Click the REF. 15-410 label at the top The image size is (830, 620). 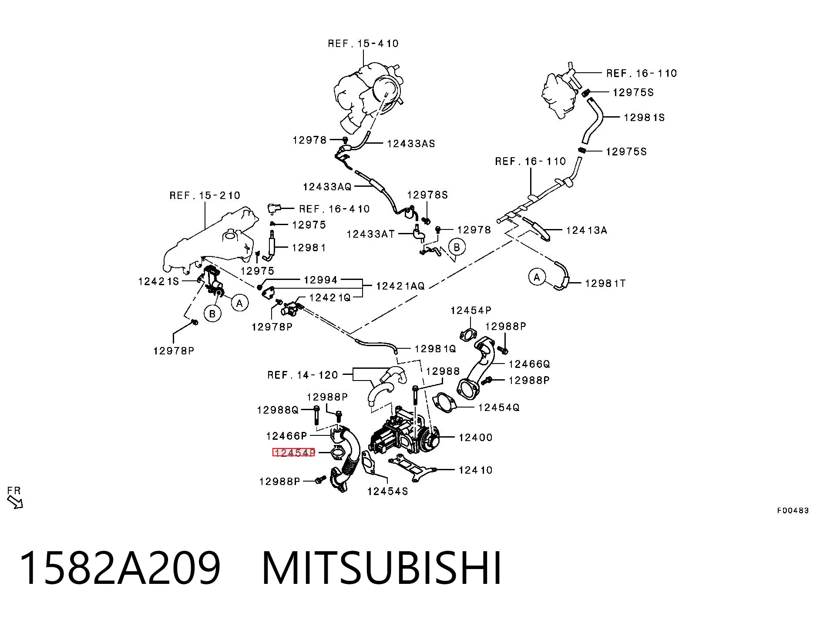(363, 44)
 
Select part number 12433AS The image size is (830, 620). (411, 144)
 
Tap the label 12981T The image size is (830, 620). (605, 283)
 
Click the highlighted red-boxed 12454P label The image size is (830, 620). (293, 453)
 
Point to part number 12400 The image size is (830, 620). (475, 437)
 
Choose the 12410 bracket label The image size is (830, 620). (475, 470)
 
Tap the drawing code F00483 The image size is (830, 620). (793, 510)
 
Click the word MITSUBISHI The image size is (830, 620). (382, 568)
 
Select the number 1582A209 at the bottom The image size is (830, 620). (120, 568)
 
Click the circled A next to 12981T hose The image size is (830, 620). (537, 277)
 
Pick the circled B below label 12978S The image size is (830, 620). (457, 247)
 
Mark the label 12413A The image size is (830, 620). (586, 230)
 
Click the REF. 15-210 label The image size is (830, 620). (205, 195)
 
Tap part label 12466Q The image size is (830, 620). (529, 364)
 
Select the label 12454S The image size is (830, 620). (388, 491)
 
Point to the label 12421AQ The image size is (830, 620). (400, 286)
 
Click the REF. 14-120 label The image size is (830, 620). (302, 375)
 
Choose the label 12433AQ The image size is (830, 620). (327, 187)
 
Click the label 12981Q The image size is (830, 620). (435, 348)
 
